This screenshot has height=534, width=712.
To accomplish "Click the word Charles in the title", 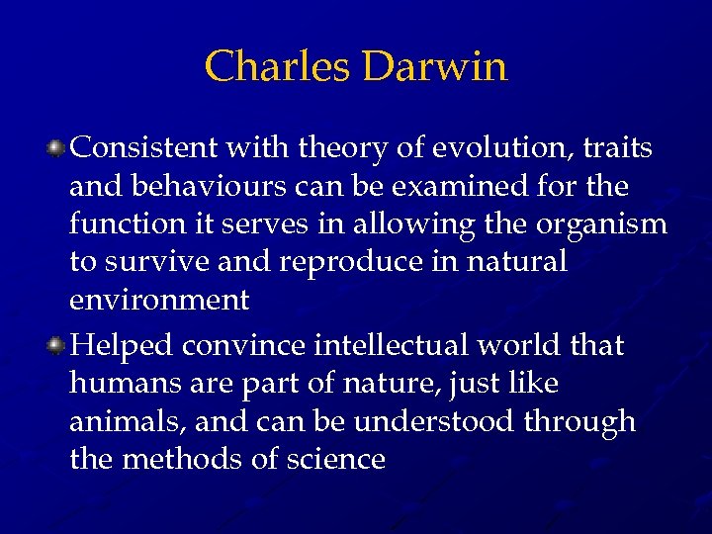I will pos(277,67).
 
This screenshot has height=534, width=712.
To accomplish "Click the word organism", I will pos(601,225).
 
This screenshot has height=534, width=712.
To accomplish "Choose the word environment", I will pos(159,301).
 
